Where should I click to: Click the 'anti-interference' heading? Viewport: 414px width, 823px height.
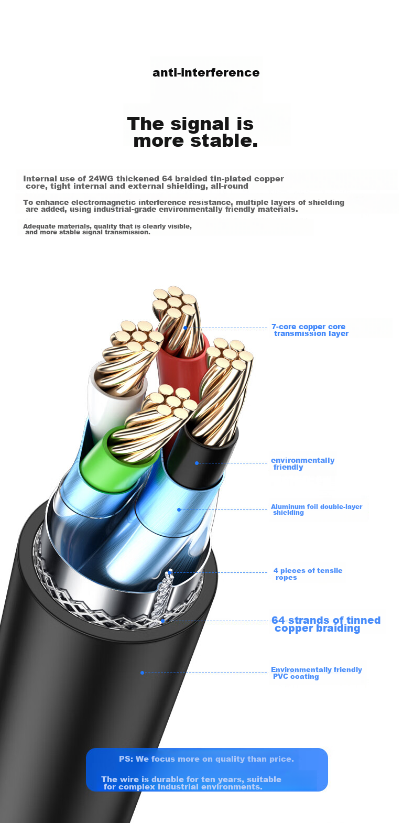pos(206,72)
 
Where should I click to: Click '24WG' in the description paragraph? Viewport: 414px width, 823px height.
pos(101,179)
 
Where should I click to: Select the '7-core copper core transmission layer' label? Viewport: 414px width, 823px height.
pos(310,330)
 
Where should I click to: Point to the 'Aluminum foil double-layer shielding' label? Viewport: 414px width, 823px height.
pos(317,509)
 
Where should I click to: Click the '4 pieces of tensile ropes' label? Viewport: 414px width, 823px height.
pos(308,573)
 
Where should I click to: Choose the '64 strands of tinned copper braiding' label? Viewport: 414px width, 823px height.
pos(326,624)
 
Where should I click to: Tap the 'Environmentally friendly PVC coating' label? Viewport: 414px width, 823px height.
pos(317,673)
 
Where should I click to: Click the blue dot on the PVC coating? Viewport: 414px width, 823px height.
pos(142,673)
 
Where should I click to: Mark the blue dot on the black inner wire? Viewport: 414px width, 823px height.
pos(197,463)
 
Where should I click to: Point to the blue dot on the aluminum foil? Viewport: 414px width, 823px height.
pos(179,510)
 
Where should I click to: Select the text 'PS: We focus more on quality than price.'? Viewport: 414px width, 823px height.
pos(206,759)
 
